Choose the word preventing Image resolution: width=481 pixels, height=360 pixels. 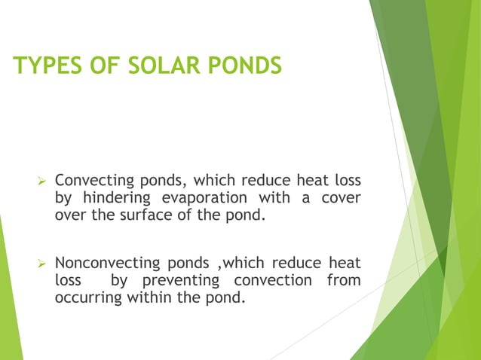click(x=179, y=280)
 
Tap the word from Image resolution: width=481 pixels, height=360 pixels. click(x=343, y=280)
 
